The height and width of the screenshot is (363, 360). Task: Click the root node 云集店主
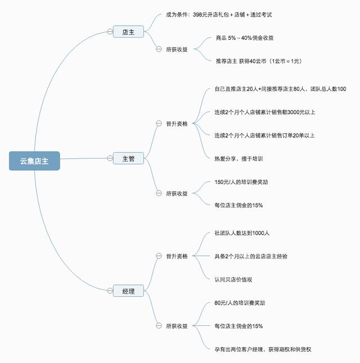pos(34,161)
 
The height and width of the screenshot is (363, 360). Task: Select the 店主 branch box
pos(128,31)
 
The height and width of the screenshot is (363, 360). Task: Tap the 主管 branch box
pos(128,158)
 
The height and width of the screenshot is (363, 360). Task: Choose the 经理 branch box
pos(128,291)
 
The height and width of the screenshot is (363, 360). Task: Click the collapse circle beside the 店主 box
pos(110,31)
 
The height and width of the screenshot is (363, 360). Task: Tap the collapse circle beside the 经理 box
pos(110,291)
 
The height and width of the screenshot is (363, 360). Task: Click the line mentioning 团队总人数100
pos(280,89)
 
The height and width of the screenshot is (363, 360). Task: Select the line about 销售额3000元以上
pos(264,112)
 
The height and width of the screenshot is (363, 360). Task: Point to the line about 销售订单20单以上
pos(264,135)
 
